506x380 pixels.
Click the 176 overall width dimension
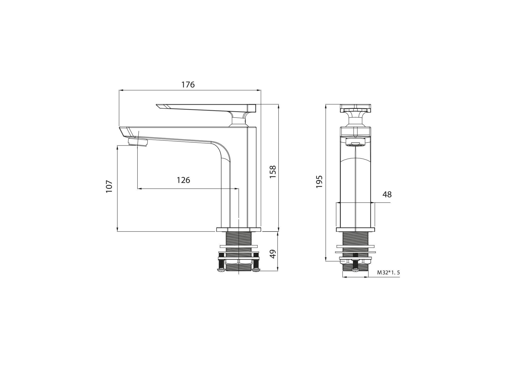[188, 85]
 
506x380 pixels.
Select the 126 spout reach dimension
[183, 180]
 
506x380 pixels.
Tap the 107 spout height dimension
[109, 186]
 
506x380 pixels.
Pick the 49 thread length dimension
[273, 254]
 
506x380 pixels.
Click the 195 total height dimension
[319, 182]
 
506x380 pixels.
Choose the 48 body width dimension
[387, 194]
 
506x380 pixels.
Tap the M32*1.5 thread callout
[389, 273]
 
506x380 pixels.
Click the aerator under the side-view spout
[138, 142]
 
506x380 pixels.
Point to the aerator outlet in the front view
[355, 142]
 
